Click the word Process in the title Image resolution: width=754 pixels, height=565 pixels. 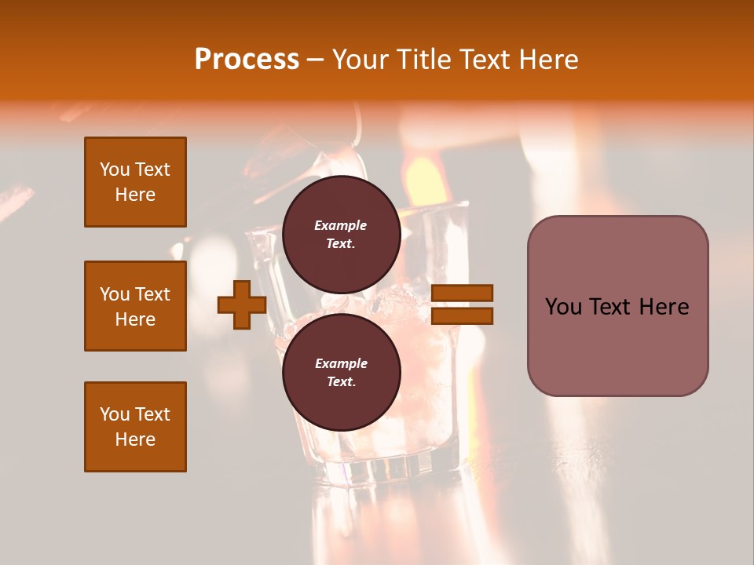(x=247, y=60)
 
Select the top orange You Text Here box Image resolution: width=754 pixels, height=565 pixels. (x=135, y=182)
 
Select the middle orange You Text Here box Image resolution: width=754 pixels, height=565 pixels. (x=135, y=306)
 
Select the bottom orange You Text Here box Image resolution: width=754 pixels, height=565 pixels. (x=135, y=427)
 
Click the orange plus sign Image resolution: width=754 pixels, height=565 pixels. (x=242, y=306)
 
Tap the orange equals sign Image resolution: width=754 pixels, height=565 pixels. (x=462, y=304)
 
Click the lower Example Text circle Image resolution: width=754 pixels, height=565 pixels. (x=341, y=372)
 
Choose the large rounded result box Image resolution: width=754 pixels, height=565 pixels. (x=617, y=306)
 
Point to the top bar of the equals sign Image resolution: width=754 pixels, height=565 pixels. (x=462, y=293)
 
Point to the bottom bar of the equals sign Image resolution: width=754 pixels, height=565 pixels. (x=462, y=316)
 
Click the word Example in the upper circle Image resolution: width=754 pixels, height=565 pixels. (x=341, y=225)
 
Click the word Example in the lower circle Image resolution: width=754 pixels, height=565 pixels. (x=341, y=363)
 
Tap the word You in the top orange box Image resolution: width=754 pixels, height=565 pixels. (x=114, y=169)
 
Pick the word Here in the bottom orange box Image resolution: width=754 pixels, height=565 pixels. (x=135, y=439)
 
